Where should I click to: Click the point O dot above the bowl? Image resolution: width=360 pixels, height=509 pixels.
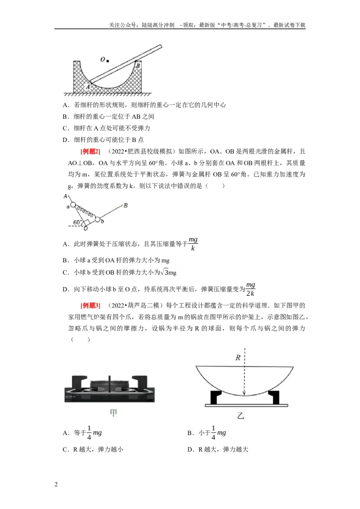[108, 61]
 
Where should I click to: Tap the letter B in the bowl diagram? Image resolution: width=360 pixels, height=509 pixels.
[137, 66]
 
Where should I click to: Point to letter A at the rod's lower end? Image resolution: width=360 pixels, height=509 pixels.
[87, 87]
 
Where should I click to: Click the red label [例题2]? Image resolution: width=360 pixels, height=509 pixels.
[90, 152]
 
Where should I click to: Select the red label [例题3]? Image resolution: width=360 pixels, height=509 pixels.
[90, 305]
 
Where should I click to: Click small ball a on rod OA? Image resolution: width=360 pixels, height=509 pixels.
[73, 205]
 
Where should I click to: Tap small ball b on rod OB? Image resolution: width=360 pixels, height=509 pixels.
[98, 219]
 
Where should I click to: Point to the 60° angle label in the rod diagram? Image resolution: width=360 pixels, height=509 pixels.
[77, 223]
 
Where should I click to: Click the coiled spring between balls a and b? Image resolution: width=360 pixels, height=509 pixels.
[85, 212]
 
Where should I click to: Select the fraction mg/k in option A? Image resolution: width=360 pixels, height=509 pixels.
[193, 244]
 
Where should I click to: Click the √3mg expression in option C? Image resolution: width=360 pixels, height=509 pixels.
[169, 272]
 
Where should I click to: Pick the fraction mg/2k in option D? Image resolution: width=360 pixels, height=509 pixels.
[250, 289]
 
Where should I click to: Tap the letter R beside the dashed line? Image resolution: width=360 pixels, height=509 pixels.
[238, 358]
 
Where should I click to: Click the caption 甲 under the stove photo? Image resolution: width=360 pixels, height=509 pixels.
[113, 413]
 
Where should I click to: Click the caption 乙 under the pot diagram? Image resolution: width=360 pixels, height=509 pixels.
[241, 415]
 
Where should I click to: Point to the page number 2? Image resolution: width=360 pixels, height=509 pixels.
[56, 485]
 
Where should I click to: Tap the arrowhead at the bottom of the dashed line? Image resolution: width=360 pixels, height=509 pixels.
[244, 393]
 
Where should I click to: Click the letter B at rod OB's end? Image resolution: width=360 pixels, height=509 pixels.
[126, 205]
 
